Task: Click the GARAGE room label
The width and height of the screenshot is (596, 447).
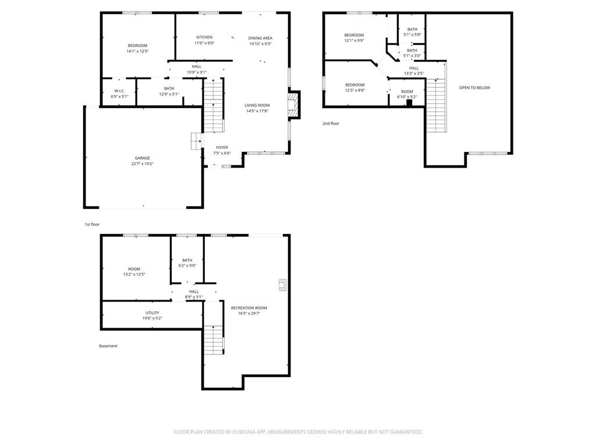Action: pyautogui.click(x=143, y=158)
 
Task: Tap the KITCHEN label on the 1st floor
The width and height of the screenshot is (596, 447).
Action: pyautogui.click(x=204, y=37)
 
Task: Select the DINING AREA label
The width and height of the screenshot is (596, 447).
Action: pyautogui.click(x=260, y=38)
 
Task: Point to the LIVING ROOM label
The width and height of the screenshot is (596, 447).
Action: pyautogui.click(x=257, y=105)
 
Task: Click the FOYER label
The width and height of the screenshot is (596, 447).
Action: pyautogui.click(x=222, y=147)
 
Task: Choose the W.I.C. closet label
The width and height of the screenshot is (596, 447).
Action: pyautogui.click(x=119, y=91)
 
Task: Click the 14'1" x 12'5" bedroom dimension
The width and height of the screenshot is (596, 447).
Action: pyautogui.click(x=138, y=51)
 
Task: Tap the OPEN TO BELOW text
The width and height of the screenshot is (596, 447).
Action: pyautogui.click(x=474, y=88)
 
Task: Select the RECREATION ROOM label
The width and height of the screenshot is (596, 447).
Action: pyautogui.click(x=249, y=307)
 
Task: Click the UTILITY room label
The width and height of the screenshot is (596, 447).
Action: pyautogui.click(x=152, y=313)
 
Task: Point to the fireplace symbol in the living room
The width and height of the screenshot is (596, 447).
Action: pyautogui.click(x=293, y=104)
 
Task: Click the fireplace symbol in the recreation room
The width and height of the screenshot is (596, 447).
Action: pyautogui.click(x=282, y=285)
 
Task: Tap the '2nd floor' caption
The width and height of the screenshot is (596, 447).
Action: pyautogui.click(x=331, y=123)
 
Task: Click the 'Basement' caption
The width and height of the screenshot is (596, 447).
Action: pyautogui.click(x=108, y=346)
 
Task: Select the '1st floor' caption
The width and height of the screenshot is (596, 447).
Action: pyautogui.click(x=92, y=224)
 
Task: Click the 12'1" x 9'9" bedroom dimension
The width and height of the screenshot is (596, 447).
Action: pyautogui.click(x=354, y=41)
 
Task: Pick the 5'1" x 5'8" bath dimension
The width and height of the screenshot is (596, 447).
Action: pyautogui.click(x=412, y=35)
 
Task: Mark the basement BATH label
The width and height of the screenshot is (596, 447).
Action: pyautogui.click(x=187, y=260)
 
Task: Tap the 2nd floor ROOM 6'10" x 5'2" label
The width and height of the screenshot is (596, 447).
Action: pyautogui.click(x=407, y=94)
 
